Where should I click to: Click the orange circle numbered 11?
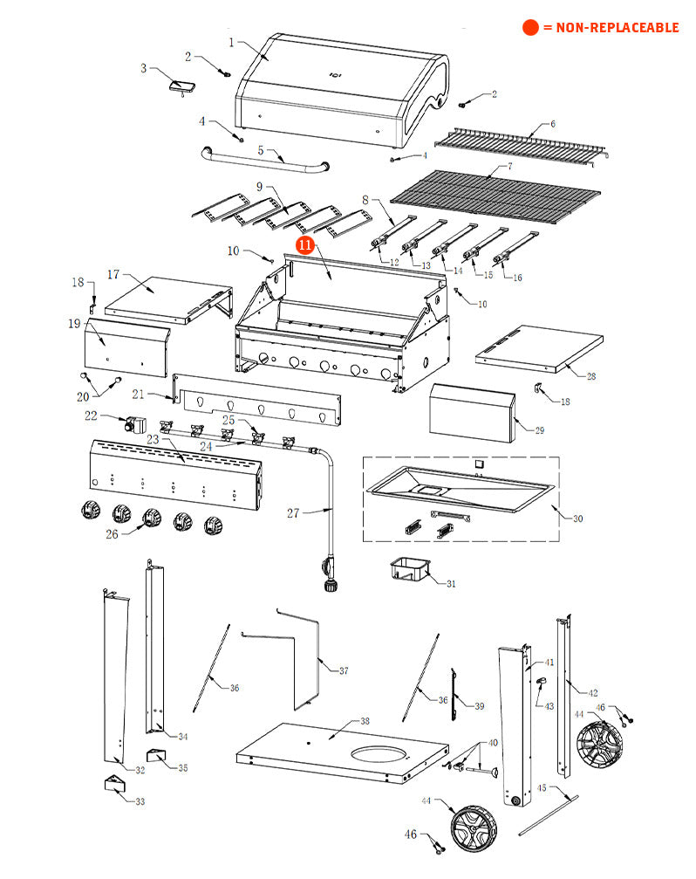[x=305, y=245]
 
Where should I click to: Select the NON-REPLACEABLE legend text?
[x=611, y=28]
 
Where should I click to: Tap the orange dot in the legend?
[x=530, y=28]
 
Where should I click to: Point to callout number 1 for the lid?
[x=231, y=42]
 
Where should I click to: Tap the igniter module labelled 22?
[x=136, y=427]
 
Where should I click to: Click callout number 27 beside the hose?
[x=293, y=513]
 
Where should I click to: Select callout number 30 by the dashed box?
[x=577, y=518]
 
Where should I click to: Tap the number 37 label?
[x=343, y=670]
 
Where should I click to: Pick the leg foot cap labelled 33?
[x=114, y=782]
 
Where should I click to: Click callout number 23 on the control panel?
[x=153, y=440]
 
